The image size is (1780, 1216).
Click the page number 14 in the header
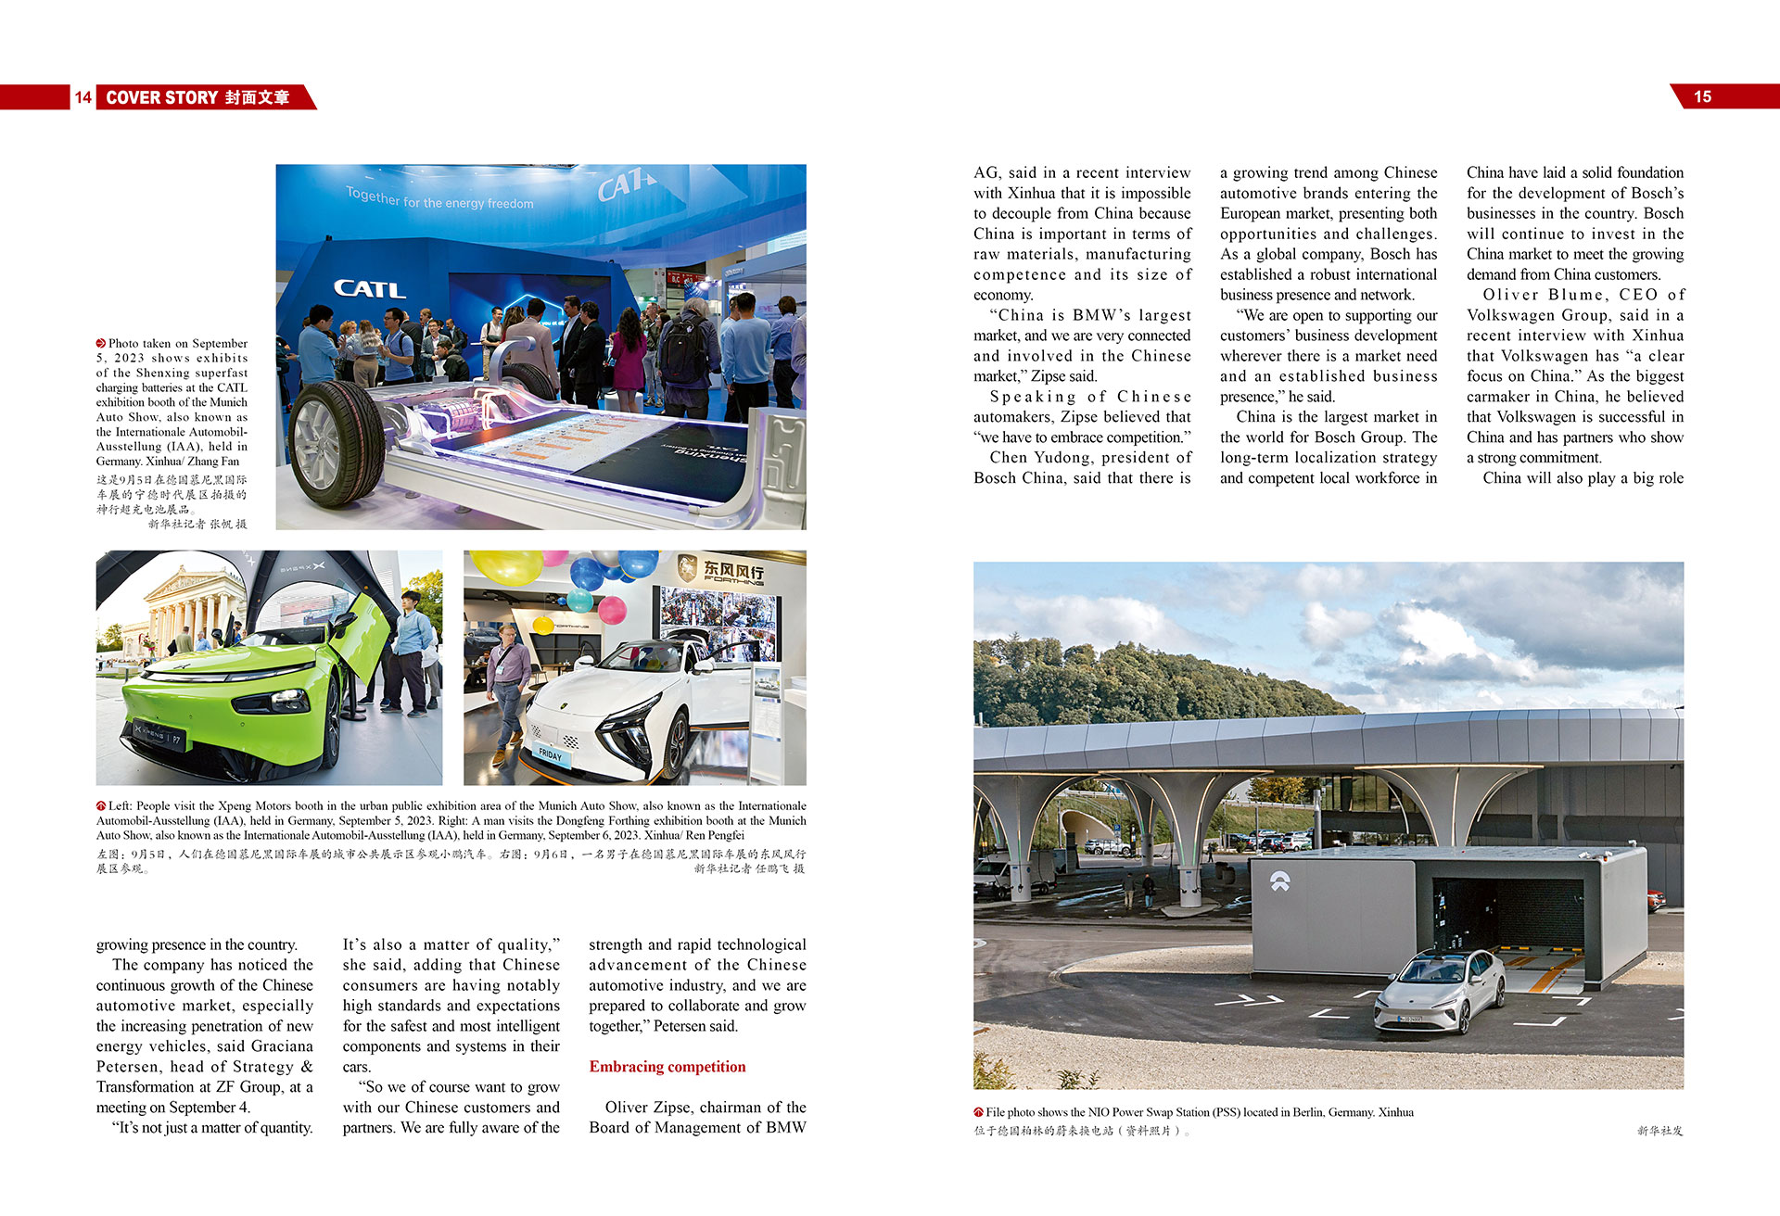(x=83, y=97)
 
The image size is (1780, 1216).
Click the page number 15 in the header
(x=1702, y=96)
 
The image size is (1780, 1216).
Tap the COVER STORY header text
(x=162, y=97)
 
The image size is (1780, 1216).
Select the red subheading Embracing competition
(x=667, y=1067)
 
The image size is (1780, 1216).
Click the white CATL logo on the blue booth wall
(x=369, y=289)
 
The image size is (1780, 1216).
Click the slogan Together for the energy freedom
(x=439, y=197)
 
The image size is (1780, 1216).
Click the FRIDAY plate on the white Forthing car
(x=551, y=754)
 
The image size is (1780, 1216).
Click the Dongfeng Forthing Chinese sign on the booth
(x=732, y=570)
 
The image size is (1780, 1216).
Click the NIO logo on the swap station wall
(x=1279, y=881)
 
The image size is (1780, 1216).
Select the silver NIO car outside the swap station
(x=1440, y=989)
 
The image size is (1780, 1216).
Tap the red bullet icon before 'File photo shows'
(x=978, y=1112)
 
